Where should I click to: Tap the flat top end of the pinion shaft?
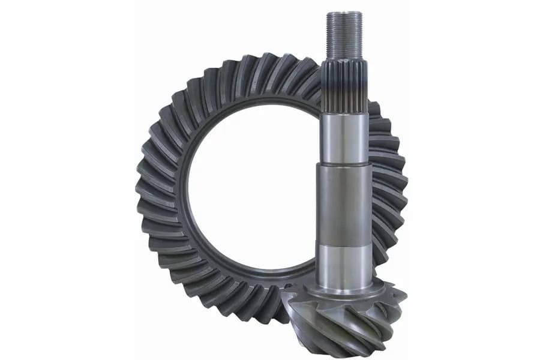(x=344, y=13)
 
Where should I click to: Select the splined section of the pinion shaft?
(x=344, y=84)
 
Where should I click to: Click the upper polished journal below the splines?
(x=344, y=138)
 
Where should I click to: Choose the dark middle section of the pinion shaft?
(x=344, y=204)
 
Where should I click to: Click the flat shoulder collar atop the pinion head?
(x=344, y=291)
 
